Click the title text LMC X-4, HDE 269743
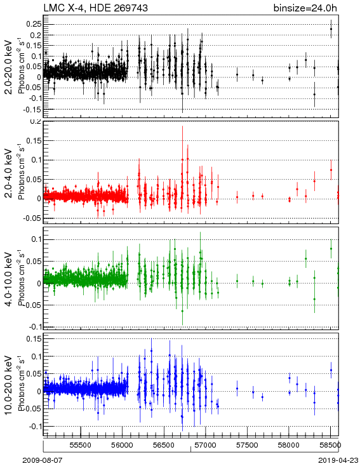pyautogui.click(x=95, y=8)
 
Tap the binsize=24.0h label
pyautogui.click(x=305, y=8)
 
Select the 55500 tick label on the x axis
pyautogui.click(x=81, y=445)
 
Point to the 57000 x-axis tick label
pyautogui.click(x=206, y=445)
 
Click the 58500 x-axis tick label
pyautogui.click(x=330, y=445)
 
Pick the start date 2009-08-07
pyautogui.click(x=43, y=460)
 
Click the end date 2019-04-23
pyautogui.click(x=338, y=460)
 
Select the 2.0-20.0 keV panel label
pyautogui.click(x=9, y=67)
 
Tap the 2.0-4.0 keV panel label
pyautogui.click(x=9, y=173)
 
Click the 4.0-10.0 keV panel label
pyautogui.click(x=9, y=279)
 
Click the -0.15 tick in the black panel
pyautogui.click(x=32, y=109)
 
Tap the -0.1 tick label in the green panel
pyautogui.click(x=35, y=326)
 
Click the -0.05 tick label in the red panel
pyautogui.click(x=32, y=218)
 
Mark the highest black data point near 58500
pyautogui.click(x=331, y=29)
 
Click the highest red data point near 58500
pyautogui.click(x=331, y=170)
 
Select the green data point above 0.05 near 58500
pyautogui.click(x=331, y=249)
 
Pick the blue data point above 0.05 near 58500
pyautogui.click(x=331, y=370)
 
